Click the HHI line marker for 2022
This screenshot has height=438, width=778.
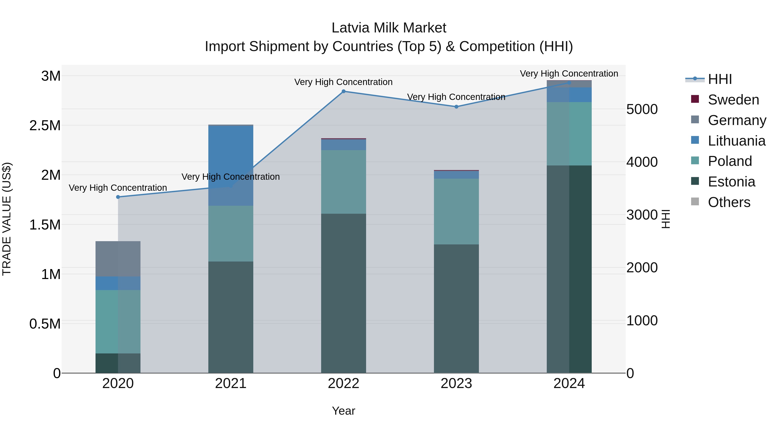click(343, 91)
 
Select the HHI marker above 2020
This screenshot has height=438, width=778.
click(118, 197)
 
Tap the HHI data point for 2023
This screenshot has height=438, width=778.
click(456, 107)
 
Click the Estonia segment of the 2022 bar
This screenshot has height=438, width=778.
click(343, 293)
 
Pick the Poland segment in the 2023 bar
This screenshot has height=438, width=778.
click(456, 211)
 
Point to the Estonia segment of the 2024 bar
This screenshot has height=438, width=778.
click(569, 269)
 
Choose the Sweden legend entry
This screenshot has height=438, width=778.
click(733, 100)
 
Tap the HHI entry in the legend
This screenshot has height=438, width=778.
click(719, 79)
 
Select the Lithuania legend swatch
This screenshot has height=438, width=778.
click(695, 140)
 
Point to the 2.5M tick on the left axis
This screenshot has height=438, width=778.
click(45, 125)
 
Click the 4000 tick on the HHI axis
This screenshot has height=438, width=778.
click(642, 162)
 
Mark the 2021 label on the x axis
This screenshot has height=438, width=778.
click(231, 383)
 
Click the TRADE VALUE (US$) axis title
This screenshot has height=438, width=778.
click(7, 219)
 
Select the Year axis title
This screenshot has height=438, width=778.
click(343, 411)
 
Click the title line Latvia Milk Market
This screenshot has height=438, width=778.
click(389, 28)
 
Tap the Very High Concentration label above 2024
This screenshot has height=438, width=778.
click(569, 74)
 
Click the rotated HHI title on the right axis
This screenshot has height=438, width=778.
click(665, 219)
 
